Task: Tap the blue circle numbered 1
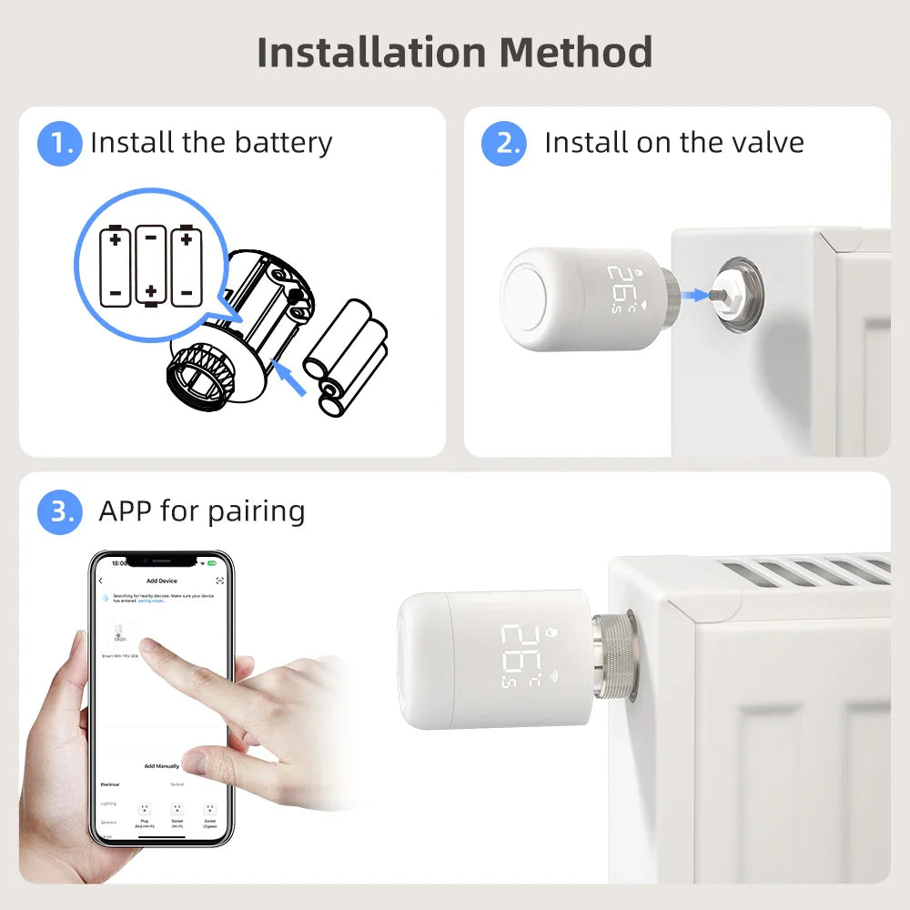coord(59,143)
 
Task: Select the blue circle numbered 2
coord(503,143)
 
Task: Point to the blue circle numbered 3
coord(59,511)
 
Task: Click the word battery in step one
coord(283,143)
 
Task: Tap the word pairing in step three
coord(256,511)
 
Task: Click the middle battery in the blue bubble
coord(151,264)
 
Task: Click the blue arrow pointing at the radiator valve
coord(696,294)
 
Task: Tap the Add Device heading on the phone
coord(162,581)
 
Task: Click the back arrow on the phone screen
coord(101,581)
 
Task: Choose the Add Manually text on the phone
coord(161,766)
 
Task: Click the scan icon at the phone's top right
coord(219,581)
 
